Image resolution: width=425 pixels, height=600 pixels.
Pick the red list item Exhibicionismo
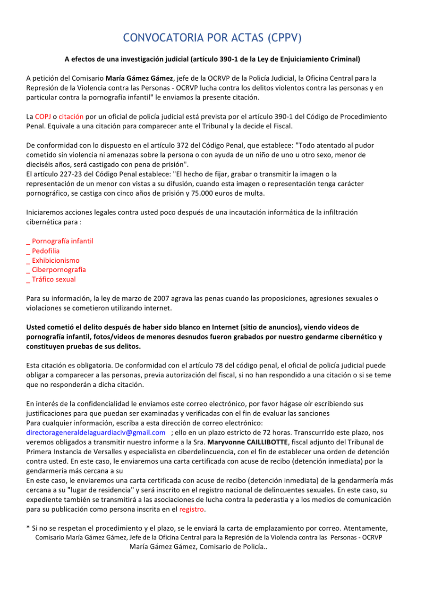[x=55, y=260]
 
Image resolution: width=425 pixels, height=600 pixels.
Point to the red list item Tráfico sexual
[x=53, y=279]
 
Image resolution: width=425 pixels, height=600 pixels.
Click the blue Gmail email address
[x=96, y=432]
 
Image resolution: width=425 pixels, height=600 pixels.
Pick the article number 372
[x=183, y=145]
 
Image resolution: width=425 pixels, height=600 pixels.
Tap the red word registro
[x=192, y=509]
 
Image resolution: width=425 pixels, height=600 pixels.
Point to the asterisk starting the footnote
[x=28, y=527]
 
